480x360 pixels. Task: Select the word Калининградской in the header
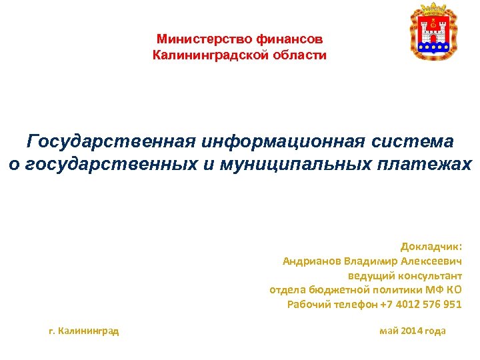click(x=209, y=55)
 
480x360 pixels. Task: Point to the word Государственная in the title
click(x=111, y=141)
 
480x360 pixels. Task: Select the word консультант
click(x=431, y=275)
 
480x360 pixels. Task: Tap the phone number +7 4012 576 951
click(x=420, y=305)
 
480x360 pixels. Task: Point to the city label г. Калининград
click(x=85, y=331)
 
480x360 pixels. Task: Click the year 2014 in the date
click(x=411, y=331)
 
